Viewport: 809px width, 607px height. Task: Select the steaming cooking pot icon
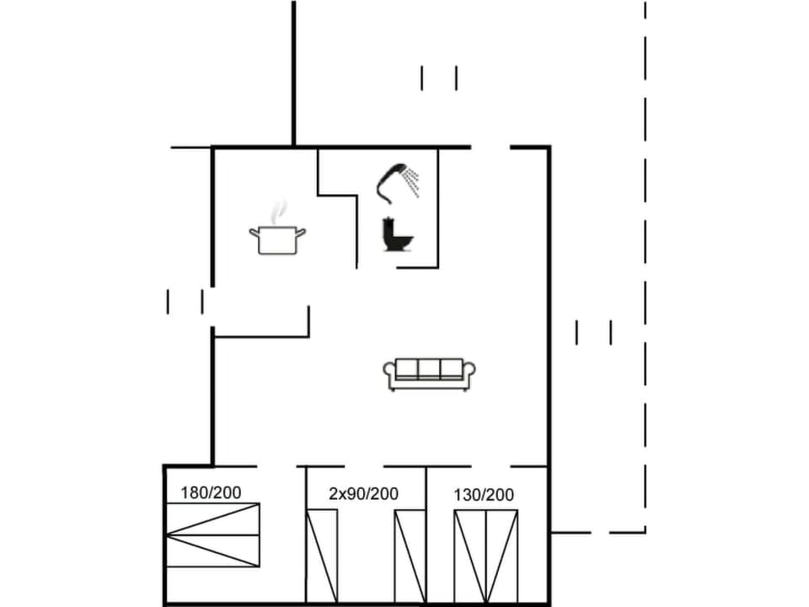[276, 239]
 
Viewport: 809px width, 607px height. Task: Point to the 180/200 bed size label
[210, 492]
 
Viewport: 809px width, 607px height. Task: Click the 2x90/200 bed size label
[363, 494]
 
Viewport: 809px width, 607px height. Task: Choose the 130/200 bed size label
[484, 495]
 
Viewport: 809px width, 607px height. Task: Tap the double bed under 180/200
[213, 534]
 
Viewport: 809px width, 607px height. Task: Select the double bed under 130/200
[486, 556]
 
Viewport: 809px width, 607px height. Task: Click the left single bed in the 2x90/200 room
[322, 556]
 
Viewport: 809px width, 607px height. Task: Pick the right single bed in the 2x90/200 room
[410, 556]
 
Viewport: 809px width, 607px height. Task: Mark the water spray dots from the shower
[411, 180]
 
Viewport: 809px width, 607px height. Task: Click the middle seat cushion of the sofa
[430, 368]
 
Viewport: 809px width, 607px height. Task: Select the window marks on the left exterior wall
[185, 301]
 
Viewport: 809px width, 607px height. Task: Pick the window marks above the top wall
[439, 78]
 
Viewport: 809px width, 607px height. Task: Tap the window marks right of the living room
[593, 332]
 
